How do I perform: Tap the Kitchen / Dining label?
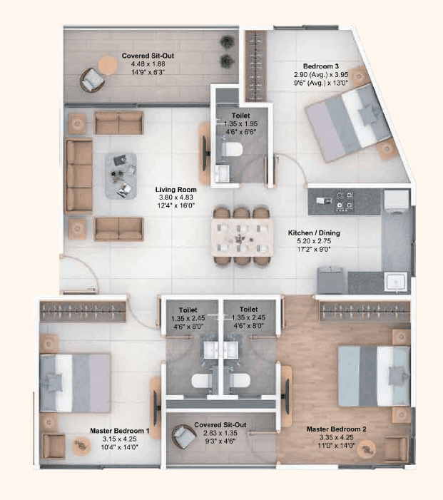click(x=313, y=233)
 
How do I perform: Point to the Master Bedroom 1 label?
click(x=119, y=431)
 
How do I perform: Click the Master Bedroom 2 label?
click(x=336, y=429)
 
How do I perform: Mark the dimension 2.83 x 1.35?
click(x=220, y=433)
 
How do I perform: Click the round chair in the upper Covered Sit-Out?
click(x=91, y=80)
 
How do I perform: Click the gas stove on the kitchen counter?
click(x=346, y=200)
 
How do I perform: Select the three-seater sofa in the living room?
click(x=78, y=175)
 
